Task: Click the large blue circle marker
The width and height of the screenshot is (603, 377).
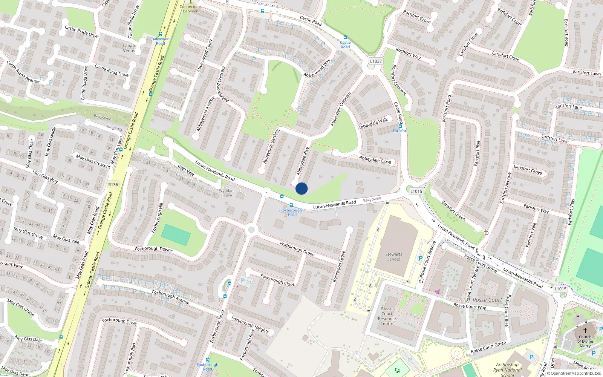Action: coord(301,188)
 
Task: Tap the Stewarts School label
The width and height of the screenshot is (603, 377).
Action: coord(393,257)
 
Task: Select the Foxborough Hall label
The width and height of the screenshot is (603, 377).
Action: coord(291,212)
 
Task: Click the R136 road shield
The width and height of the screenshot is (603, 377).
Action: coord(113,184)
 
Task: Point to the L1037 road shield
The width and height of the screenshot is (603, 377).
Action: coord(375,61)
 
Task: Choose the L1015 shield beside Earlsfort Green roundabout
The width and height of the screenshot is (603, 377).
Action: coord(416,191)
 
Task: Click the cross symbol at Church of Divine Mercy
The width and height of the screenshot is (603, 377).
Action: coord(585,330)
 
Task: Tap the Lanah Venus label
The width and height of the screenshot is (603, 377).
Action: coord(129,48)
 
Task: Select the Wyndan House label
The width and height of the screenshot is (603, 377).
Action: coord(226,193)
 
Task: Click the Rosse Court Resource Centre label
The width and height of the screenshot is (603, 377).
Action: coord(387,316)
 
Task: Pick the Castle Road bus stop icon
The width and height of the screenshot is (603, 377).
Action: coord(345,37)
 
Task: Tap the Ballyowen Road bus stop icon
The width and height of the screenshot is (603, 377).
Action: coord(161,34)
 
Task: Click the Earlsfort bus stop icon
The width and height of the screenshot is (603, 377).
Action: coord(400,126)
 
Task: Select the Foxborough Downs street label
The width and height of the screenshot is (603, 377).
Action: coord(154,249)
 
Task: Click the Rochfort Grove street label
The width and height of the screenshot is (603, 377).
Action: coord(416,17)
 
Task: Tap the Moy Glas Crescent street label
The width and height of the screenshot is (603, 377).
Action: coord(93,161)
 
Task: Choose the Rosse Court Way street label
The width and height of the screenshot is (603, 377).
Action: coord(470,306)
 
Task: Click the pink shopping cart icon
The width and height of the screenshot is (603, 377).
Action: coord(437,291)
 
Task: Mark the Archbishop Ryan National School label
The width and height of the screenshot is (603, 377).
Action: coord(507,369)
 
